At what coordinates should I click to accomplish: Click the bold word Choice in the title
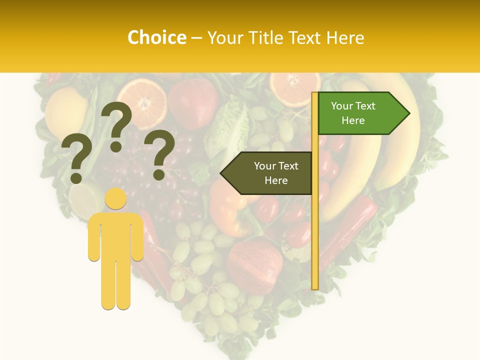coord(156,38)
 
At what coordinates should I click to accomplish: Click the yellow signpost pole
coord(315,225)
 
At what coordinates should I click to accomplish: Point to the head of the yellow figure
coord(116,199)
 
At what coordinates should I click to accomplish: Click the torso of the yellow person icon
coord(116,235)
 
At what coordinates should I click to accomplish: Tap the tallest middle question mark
coord(116,125)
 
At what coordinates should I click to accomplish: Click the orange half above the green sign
coord(295,87)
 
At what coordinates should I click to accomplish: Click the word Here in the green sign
coord(353,120)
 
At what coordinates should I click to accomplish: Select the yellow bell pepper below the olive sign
coord(230,210)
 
